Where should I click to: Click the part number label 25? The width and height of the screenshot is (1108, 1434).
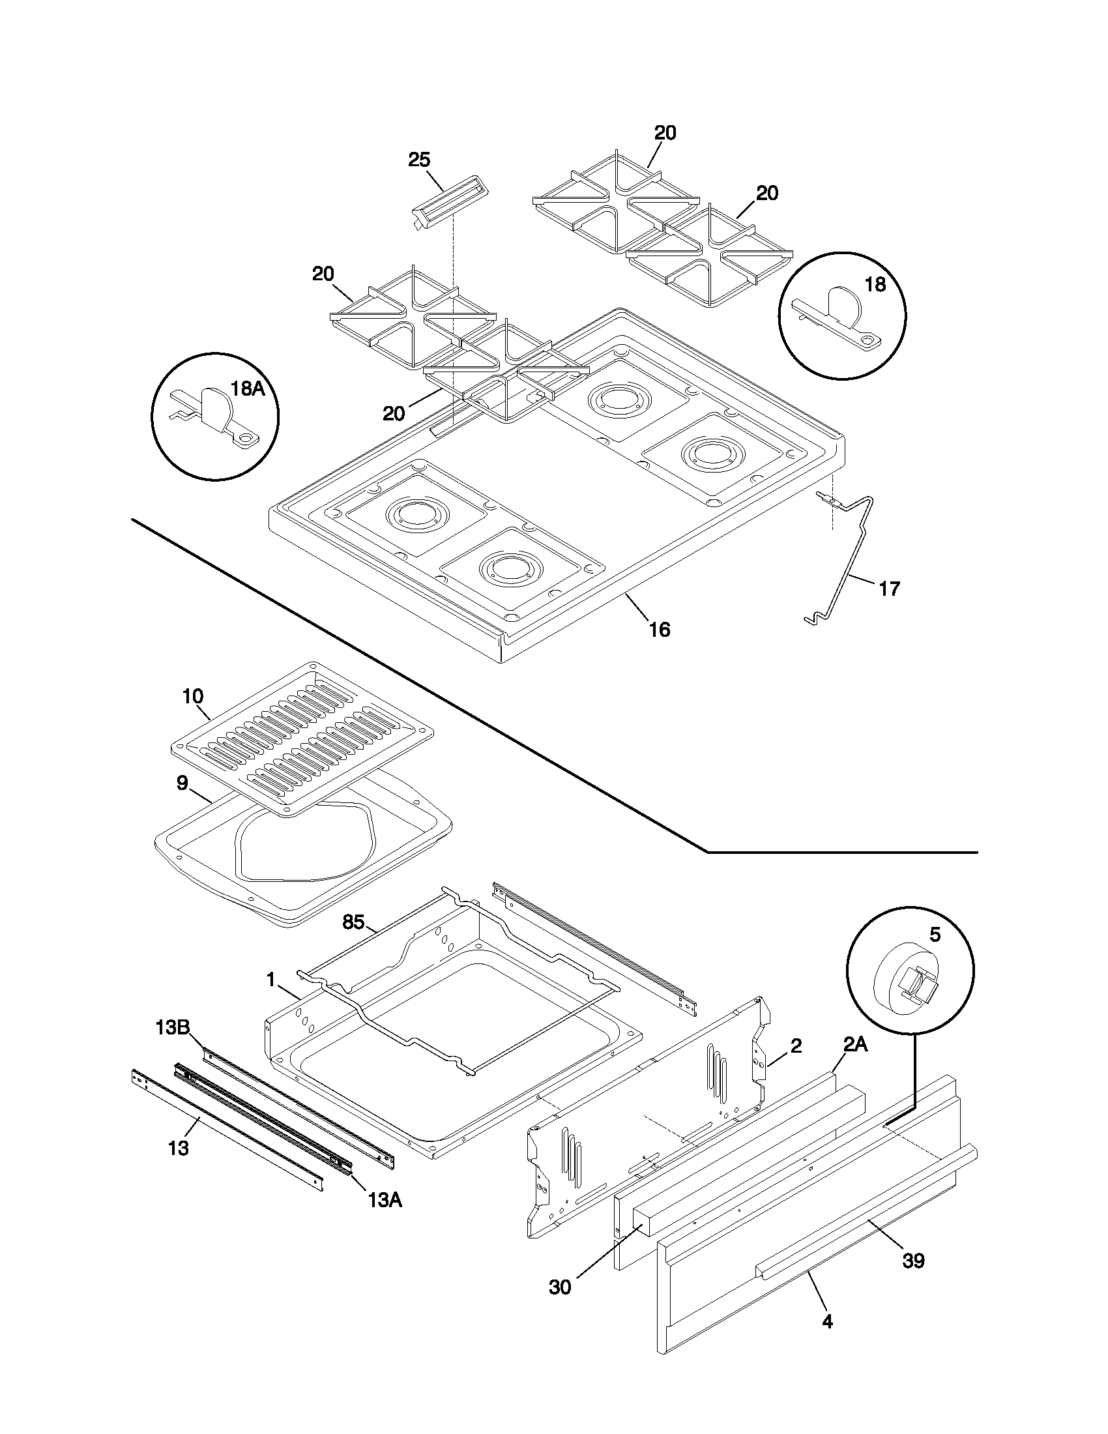(420, 160)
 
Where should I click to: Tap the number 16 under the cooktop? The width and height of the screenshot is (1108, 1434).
(660, 630)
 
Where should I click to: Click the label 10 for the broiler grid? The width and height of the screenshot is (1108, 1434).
(192, 695)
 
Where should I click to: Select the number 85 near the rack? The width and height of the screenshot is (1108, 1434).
(353, 922)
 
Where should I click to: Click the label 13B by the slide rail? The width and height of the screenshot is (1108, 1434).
(173, 1025)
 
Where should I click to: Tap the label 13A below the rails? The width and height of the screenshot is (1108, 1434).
(385, 1200)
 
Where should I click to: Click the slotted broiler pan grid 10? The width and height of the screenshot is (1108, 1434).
(302, 739)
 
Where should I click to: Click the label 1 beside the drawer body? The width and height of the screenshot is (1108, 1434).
(270, 980)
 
